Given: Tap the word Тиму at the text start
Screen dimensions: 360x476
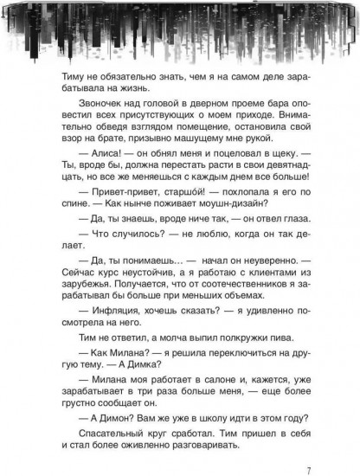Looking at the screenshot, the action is coord(68,86).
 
